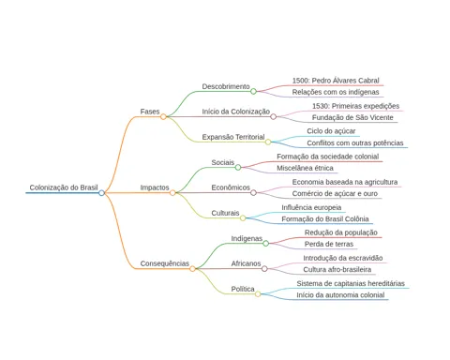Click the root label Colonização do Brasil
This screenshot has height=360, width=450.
[64, 187]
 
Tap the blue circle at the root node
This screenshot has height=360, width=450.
[101, 193]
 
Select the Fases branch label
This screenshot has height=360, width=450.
[150, 112]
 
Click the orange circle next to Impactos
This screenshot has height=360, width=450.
[172, 193]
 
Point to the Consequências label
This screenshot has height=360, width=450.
[164, 263]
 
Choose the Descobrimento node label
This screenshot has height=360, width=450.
[226, 86]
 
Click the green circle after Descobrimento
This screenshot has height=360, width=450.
[253, 91]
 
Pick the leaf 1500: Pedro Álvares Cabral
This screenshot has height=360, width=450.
[336, 81]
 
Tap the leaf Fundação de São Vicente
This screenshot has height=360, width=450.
[352, 117]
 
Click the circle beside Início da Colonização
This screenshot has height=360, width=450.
[273, 116]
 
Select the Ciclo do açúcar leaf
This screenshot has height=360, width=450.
[331, 131]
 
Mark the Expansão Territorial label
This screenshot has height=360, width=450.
[233, 137]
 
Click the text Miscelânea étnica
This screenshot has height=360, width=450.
[305, 168]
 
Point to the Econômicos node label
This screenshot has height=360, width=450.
[231, 187]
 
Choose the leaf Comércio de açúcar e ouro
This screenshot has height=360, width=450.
[335, 194]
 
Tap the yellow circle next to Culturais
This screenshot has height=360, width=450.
[243, 218]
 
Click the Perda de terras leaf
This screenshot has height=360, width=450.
[329, 244]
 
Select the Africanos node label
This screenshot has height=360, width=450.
[246, 263]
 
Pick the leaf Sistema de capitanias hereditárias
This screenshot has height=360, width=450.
[351, 283]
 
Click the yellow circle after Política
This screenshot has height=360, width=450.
[258, 294]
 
